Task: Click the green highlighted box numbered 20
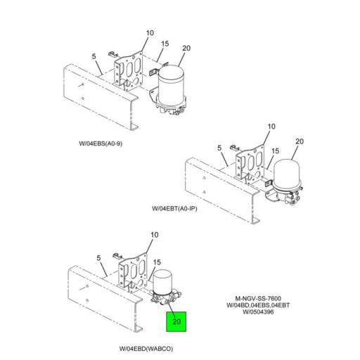pos(176,321)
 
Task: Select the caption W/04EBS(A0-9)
pos(101,143)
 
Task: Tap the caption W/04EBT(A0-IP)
pos(174,208)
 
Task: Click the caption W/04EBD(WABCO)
pos(146,349)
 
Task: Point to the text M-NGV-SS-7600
pos(258,299)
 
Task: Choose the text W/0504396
pos(258,312)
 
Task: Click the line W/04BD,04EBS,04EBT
pos(258,305)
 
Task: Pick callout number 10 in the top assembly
pos(150,33)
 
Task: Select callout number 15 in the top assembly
pos(165,44)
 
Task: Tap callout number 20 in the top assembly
pos(186,49)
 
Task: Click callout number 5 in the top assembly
pos(94,56)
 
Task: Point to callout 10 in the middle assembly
pos(271,127)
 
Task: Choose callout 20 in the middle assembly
pos(300,141)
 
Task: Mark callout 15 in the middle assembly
pos(276,151)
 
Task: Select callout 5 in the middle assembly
pos(219,148)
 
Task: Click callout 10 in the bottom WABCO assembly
pos(155,235)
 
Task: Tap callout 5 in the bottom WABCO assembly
pos(98,258)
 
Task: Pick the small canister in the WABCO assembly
pos(163,282)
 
